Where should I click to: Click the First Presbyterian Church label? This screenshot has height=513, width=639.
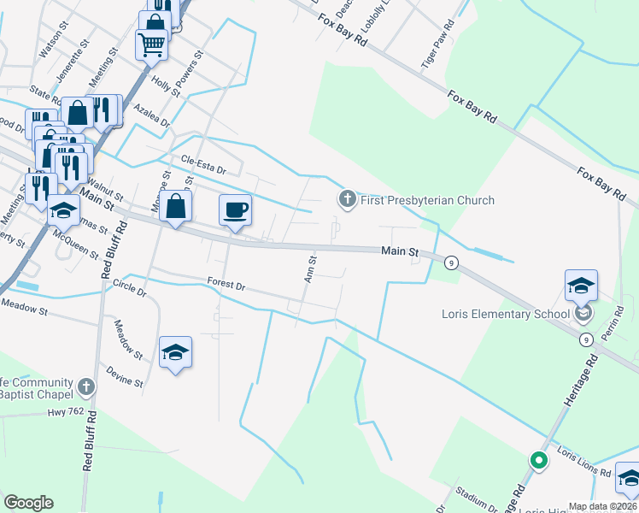coord(426,201)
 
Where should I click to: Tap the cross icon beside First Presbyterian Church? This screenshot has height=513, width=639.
coord(347,200)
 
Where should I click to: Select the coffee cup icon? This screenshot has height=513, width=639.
coord(236,208)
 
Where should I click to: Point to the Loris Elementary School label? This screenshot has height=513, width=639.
coord(505,314)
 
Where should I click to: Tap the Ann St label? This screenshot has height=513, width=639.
coord(311,268)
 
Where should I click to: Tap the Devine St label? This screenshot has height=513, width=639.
coord(124,377)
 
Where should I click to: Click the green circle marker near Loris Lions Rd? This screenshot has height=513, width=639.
coord(538,461)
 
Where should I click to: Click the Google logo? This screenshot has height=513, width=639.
coord(28,503)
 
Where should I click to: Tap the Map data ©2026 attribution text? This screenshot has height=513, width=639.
coord(602,506)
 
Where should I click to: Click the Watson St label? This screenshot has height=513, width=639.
coord(51,39)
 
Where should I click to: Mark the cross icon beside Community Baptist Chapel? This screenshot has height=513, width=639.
coord(85,387)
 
